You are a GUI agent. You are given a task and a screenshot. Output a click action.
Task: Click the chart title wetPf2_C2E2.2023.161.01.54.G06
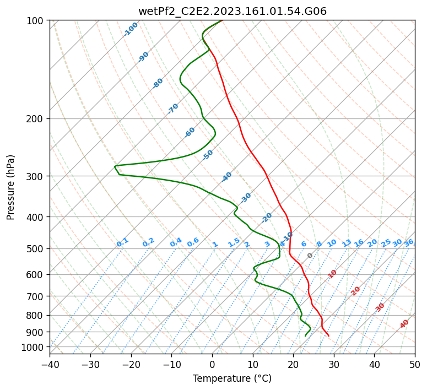pyautogui.click(x=232, y=11)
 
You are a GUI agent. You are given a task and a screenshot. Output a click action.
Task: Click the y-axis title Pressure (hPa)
pyautogui.click(x=11, y=187)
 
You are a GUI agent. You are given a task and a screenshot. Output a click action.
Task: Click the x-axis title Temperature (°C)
pyautogui.click(x=232, y=378)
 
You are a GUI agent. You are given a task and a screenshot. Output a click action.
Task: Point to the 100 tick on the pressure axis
pyautogui.click(x=36, y=21)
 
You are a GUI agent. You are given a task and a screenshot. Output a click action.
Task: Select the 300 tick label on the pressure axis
pyautogui.click(x=36, y=176)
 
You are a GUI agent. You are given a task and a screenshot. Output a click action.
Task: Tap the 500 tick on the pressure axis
pyautogui.click(x=36, y=249)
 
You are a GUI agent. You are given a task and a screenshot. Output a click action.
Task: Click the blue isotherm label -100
pyautogui.click(x=131, y=29)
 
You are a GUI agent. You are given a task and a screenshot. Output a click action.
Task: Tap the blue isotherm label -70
pyautogui.click(x=173, y=109)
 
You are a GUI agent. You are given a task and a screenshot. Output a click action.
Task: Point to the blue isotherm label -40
pyautogui.click(x=226, y=177)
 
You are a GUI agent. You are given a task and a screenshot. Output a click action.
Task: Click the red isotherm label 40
pyautogui.click(x=404, y=324)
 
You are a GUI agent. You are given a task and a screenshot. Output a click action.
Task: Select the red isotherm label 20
pyautogui.click(x=355, y=290)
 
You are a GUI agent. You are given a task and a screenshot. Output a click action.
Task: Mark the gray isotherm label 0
pyautogui.click(x=310, y=256)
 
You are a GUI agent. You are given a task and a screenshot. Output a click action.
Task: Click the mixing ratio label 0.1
pyautogui.click(x=122, y=242)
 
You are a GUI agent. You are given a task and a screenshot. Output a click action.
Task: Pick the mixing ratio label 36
pyautogui.click(x=409, y=242)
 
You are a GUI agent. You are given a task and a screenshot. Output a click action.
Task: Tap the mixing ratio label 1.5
pyautogui.click(x=234, y=242)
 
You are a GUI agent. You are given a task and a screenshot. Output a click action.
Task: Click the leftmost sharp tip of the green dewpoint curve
pyautogui.click(x=115, y=166)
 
